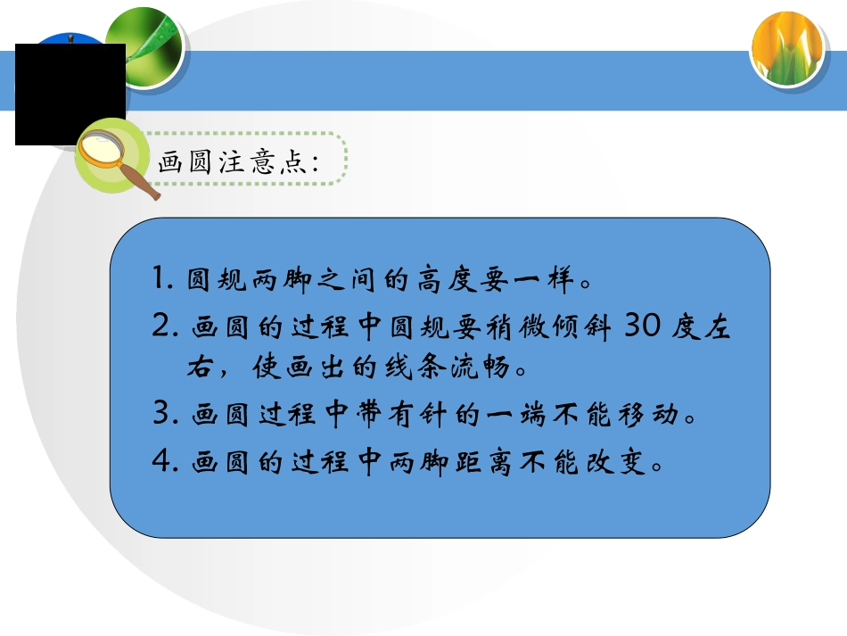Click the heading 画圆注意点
point(238,161)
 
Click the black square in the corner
point(70,94)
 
